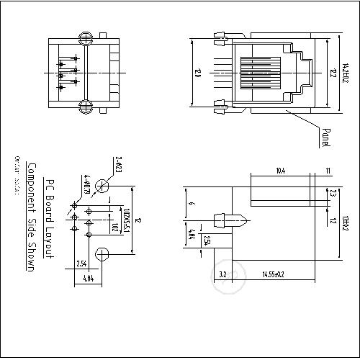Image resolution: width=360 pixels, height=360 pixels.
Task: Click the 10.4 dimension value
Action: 280,171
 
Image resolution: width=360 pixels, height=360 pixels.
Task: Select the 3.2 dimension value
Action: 222,274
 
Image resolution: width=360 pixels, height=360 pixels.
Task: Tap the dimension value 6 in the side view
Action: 191,204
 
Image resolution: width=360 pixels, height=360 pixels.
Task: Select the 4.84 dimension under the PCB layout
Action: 87,278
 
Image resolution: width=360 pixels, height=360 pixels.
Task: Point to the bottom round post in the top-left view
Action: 85,107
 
